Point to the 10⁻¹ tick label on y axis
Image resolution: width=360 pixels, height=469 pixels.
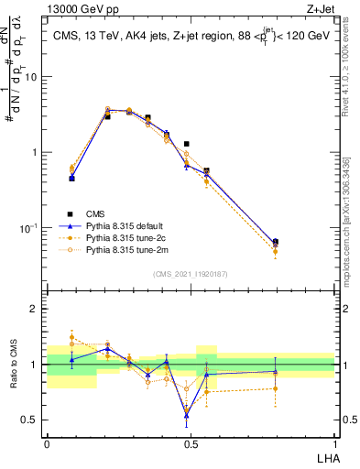(x=29, y=227)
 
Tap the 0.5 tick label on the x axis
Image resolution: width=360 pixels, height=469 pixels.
(x=191, y=443)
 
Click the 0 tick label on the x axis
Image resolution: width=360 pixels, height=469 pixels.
(x=47, y=443)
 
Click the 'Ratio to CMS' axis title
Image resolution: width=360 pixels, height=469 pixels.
(x=12, y=365)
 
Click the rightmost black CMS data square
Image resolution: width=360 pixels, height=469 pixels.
(x=276, y=242)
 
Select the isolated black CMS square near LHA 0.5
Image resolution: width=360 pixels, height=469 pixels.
(x=187, y=144)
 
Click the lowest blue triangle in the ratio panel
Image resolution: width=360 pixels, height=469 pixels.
(x=187, y=415)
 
